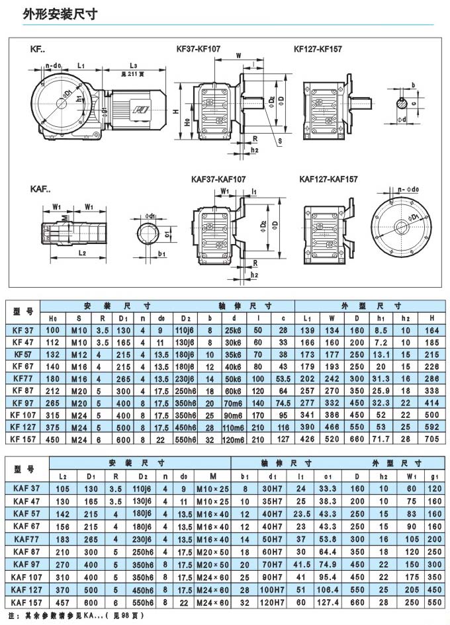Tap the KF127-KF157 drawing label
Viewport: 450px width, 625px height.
click(x=318, y=48)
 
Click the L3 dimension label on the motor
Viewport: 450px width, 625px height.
click(x=133, y=65)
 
